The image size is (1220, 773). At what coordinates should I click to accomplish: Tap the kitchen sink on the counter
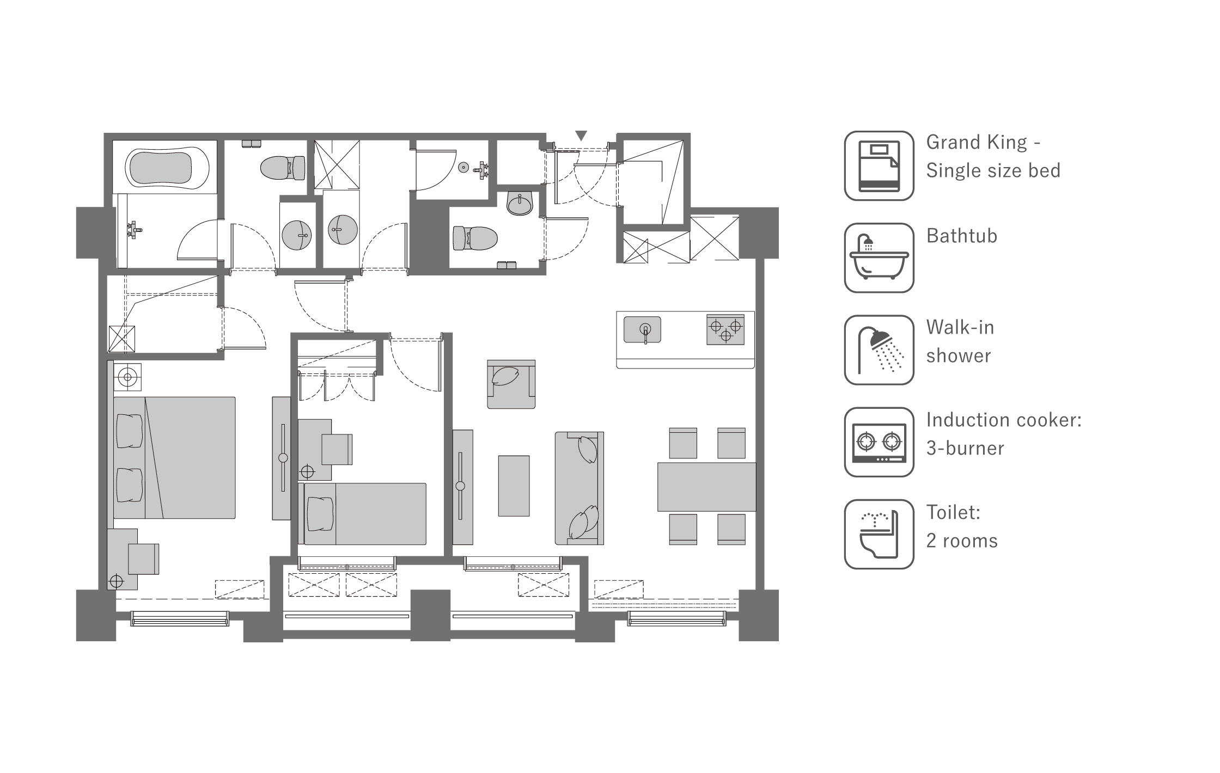click(x=643, y=330)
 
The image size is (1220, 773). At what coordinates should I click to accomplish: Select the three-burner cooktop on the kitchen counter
click(x=725, y=329)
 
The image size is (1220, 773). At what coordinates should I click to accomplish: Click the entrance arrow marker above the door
click(x=581, y=136)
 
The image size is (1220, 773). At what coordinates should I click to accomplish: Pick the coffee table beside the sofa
click(x=514, y=486)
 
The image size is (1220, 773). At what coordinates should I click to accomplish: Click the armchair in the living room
click(x=511, y=384)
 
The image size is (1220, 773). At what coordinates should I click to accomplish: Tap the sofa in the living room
click(x=579, y=488)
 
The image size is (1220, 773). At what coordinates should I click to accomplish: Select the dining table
click(x=706, y=487)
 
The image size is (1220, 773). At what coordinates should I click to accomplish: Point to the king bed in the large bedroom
click(x=174, y=458)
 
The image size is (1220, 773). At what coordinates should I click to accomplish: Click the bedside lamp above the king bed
click(x=127, y=377)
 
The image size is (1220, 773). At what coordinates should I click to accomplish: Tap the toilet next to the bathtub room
click(x=283, y=168)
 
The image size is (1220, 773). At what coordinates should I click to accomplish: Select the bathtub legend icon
click(x=879, y=257)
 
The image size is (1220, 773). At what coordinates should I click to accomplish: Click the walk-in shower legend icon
click(x=879, y=350)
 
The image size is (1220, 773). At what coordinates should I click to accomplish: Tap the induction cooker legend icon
click(x=879, y=442)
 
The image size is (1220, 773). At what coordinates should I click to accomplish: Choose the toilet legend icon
click(x=879, y=534)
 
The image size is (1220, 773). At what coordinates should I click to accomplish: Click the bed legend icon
click(x=879, y=165)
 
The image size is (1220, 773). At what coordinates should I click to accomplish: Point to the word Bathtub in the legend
click(x=962, y=236)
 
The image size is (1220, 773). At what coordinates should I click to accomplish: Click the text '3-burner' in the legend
click(x=965, y=449)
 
